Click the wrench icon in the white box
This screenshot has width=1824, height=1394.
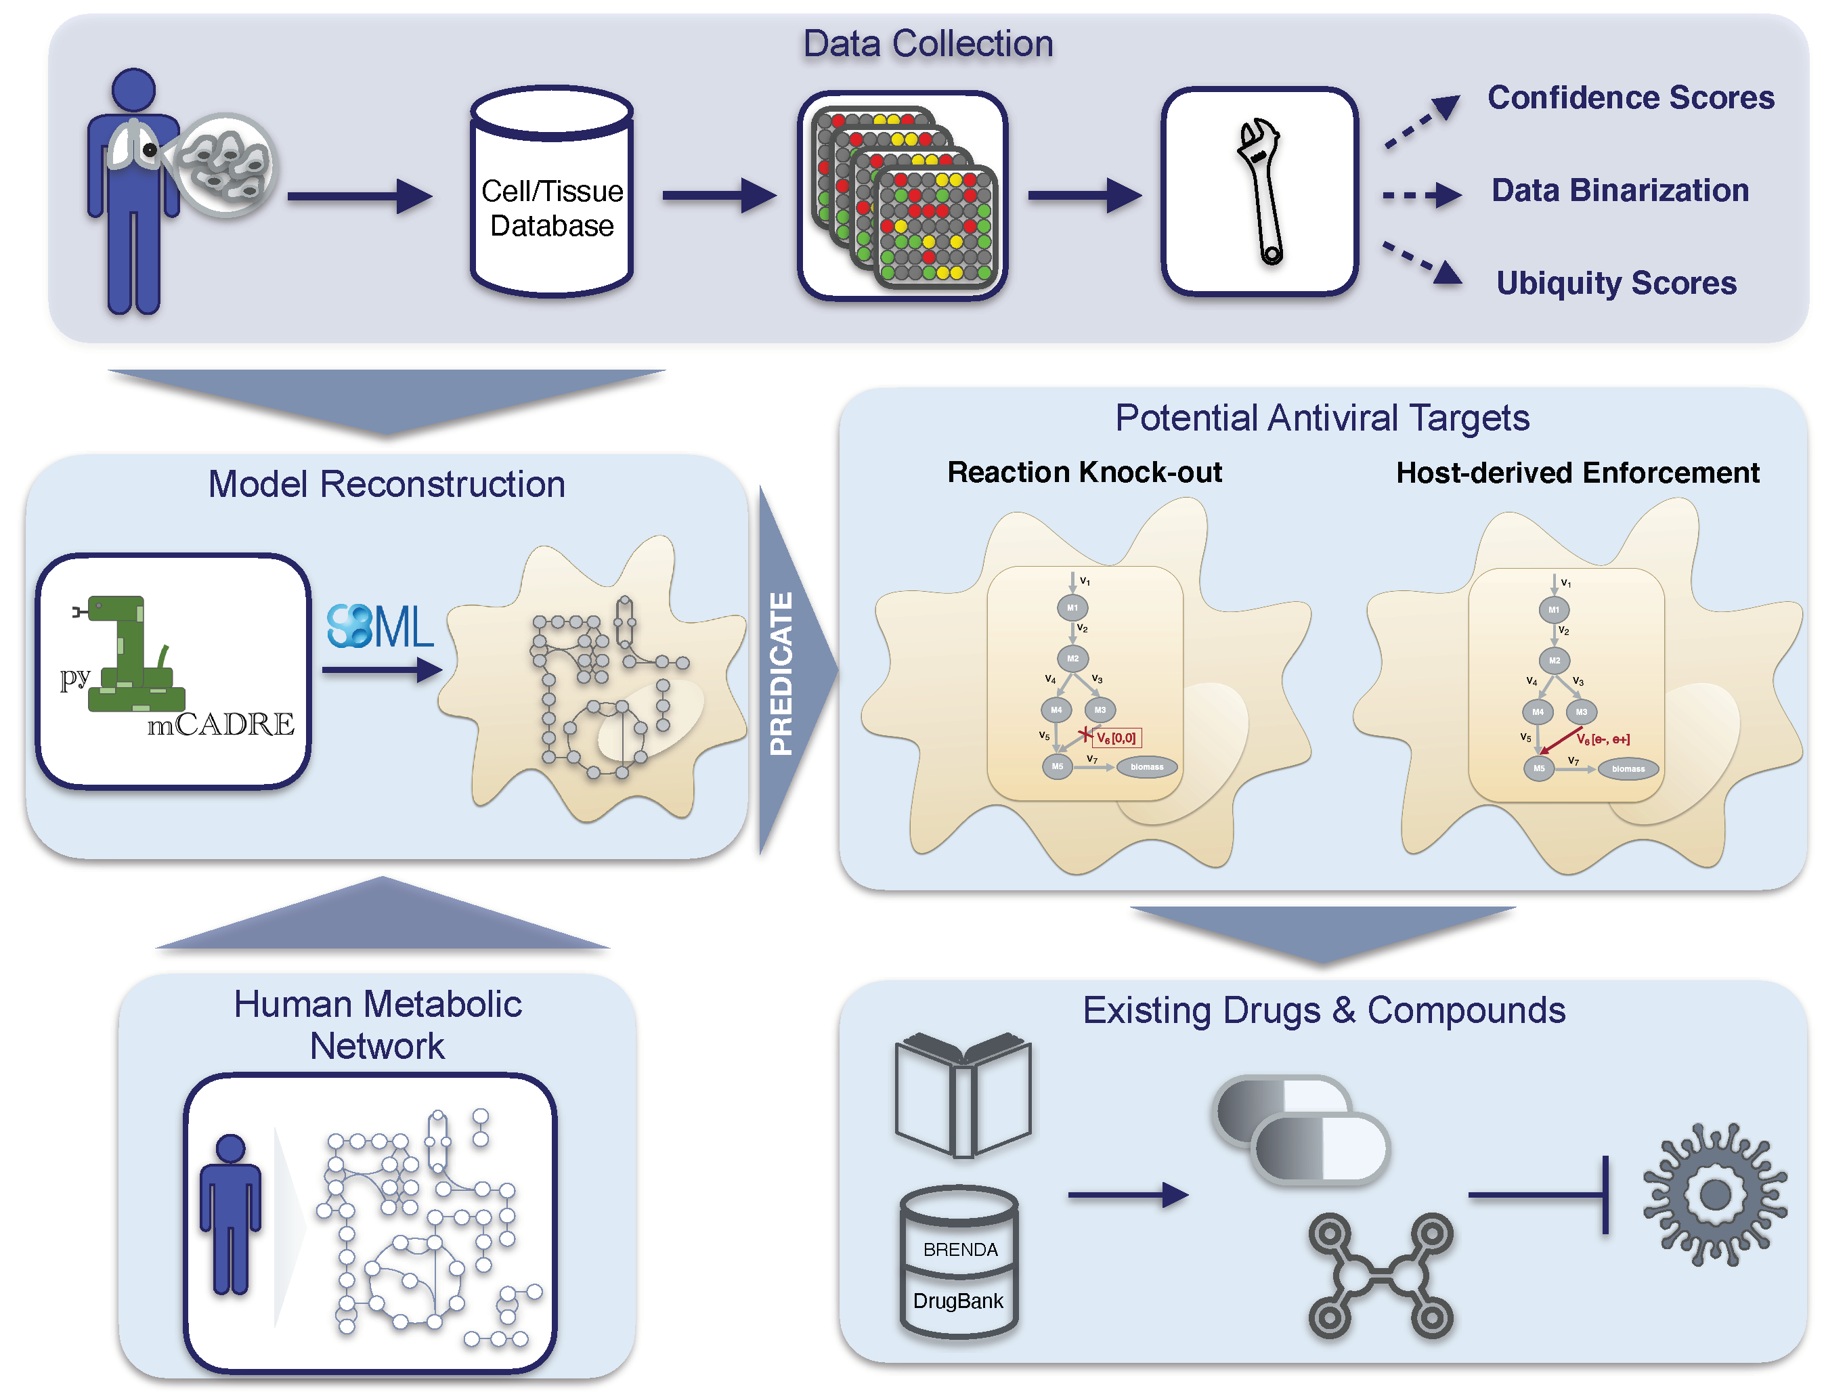click(x=1260, y=192)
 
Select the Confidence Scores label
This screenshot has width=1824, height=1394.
click(x=1630, y=98)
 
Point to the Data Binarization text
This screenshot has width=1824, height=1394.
click(x=1620, y=191)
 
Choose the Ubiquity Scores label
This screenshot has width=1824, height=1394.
click(x=1615, y=284)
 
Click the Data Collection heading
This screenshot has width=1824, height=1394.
click(x=928, y=44)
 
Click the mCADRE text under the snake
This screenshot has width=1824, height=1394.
click(x=221, y=725)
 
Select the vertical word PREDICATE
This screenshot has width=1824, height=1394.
click(x=781, y=673)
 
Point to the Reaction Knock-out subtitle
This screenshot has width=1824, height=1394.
click(x=1084, y=472)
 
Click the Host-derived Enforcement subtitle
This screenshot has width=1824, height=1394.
click(x=1577, y=473)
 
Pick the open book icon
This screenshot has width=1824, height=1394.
click(x=963, y=1095)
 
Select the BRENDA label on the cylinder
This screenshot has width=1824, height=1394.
click(x=960, y=1250)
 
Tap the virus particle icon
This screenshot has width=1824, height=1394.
click(x=1714, y=1195)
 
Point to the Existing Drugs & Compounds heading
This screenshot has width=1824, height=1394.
click(x=1324, y=1011)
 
